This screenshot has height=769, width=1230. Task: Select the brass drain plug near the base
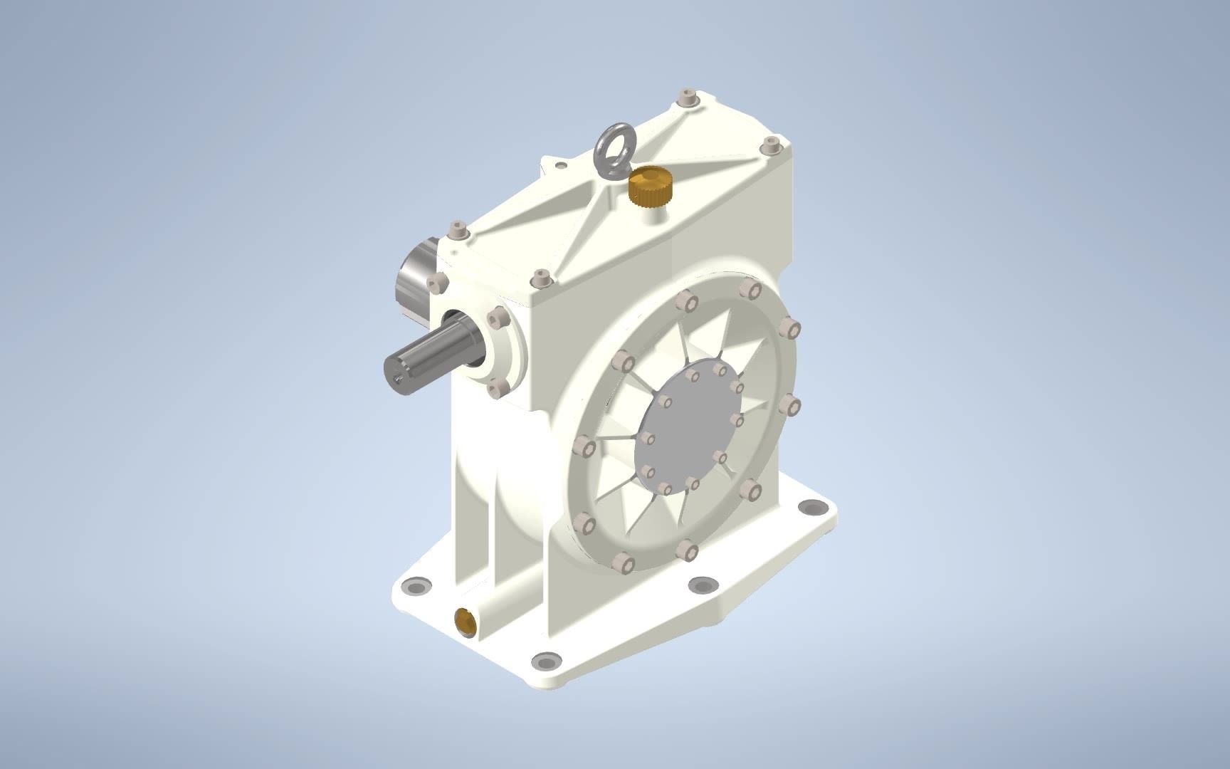click(x=466, y=621)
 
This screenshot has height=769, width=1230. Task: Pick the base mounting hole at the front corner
click(x=545, y=660)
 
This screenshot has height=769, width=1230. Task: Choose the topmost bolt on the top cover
click(x=687, y=97)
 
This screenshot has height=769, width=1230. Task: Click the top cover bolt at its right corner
click(x=770, y=147)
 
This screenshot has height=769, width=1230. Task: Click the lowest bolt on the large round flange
click(x=624, y=563)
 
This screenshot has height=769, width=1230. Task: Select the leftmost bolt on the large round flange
click(x=584, y=448)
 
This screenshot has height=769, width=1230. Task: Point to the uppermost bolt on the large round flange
click(x=748, y=288)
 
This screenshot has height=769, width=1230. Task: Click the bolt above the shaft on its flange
click(x=495, y=317)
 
